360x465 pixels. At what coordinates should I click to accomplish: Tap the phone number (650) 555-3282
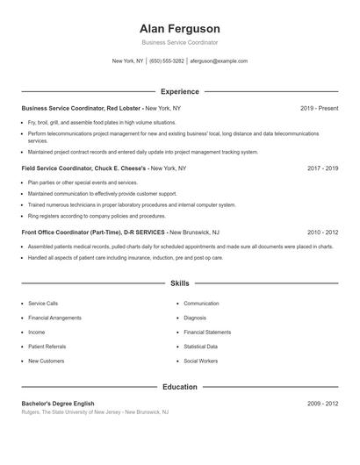click(x=167, y=61)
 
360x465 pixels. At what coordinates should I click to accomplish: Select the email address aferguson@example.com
click(x=219, y=61)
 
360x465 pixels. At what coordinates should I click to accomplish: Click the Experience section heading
click(x=179, y=91)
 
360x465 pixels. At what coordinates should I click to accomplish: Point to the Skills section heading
click(x=179, y=284)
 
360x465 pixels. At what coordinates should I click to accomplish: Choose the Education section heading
click(x=179, y=386)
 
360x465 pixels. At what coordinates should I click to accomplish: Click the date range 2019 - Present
click(x=319, y=108)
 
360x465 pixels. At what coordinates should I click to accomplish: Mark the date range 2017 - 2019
click(x=322, y=167)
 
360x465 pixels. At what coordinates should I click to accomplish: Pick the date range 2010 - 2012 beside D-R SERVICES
click(x=322, y=232)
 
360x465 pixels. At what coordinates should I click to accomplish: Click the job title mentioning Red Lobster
click(x=101, y=108)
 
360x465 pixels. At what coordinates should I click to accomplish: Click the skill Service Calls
click(x=43, y=303)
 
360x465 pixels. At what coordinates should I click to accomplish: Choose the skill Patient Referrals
click(x=47, y=347)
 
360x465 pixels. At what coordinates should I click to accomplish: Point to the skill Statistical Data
click(x=201, y=347)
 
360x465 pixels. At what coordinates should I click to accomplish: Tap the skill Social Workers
click(x=200, y=361)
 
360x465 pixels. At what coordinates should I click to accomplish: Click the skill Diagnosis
click(x=194, y=318)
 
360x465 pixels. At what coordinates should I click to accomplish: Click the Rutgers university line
click(x=95, y=411)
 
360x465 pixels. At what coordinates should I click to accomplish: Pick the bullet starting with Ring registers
click(x=97, y=215)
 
